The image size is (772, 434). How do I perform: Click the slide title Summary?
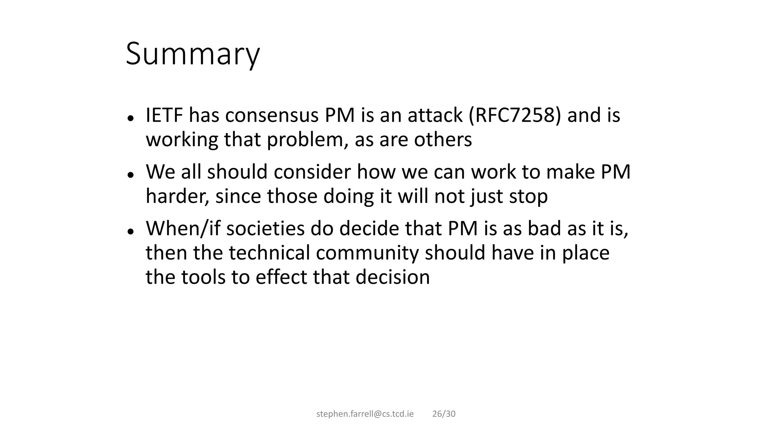[193, 54]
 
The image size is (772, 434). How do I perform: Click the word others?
[443, 139]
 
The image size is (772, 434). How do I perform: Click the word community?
[368, 253]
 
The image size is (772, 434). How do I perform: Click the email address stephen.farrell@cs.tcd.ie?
[365, 414]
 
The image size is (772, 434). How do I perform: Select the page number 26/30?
[444, 414]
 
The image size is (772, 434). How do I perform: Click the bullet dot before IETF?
[131, 118]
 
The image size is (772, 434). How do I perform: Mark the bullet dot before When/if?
[131, 231]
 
